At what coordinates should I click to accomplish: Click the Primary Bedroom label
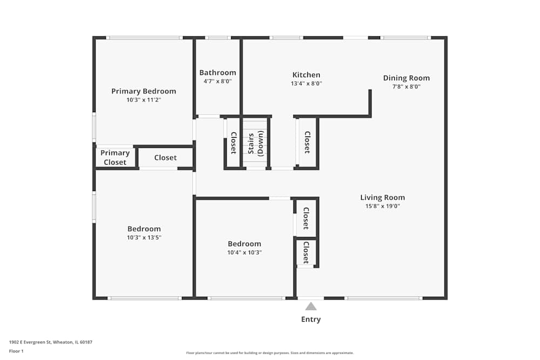coord(144,91)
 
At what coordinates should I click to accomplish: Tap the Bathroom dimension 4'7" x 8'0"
coord(218,81)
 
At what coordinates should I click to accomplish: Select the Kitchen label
coord(306,74)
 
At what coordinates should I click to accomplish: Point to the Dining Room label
coord(407,78)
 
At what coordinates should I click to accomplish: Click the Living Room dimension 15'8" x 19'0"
coord(383,206)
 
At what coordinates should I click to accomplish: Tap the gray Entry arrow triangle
coord(311,307)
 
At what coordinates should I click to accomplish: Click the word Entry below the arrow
coord(311,320)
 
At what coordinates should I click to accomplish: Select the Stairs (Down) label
coord(255,143)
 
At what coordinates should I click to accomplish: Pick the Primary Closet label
coord(115,157)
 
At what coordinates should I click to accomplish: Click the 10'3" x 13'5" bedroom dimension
coord(144,237)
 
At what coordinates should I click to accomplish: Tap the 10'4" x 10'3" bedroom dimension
coord(245,252)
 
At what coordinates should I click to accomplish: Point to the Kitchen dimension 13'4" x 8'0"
coord(306,83)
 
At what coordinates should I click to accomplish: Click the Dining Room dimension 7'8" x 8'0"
coord(407,87)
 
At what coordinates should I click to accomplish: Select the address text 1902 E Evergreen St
coord(30,342)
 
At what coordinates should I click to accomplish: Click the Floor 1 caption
coord(16,351)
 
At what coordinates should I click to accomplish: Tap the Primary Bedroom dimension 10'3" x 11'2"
coord(144,100)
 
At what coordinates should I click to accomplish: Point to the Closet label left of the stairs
coord(233,143)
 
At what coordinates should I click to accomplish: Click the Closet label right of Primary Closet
coord(165,158)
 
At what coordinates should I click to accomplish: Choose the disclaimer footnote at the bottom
coord(270,353)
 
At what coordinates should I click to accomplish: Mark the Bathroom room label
coord(218,73)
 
